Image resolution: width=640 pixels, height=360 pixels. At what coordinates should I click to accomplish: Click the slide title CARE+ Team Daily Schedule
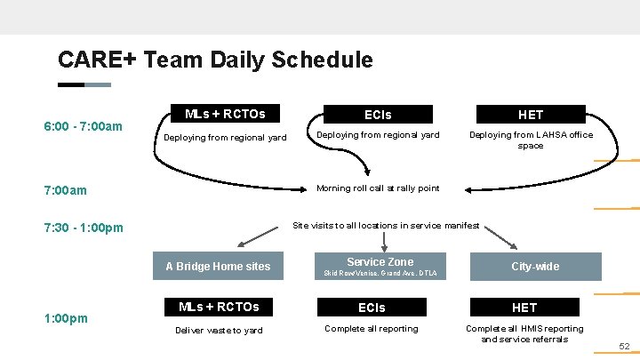(215, 60)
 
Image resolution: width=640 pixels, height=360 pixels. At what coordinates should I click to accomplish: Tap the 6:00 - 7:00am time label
(84, 126)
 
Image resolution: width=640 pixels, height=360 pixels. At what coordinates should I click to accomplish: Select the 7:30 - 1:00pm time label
(84, 228)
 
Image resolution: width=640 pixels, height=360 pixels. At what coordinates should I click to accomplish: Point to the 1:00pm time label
(66, 317)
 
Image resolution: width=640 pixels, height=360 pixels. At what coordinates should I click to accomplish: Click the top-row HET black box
(531, 115)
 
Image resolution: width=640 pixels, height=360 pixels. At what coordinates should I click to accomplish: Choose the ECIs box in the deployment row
(378, 115)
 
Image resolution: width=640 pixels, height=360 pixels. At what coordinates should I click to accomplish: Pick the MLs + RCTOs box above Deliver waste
(219, 307)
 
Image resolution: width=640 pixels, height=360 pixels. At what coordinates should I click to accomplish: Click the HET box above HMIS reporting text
(524, 308)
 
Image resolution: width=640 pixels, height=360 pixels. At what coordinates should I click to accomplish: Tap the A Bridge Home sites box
(218, 267)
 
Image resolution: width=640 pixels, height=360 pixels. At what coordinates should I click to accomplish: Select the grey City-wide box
(535, 267)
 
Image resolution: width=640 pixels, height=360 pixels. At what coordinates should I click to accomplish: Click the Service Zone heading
(380, 262)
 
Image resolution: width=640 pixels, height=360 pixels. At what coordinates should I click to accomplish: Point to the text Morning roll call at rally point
(378, 188)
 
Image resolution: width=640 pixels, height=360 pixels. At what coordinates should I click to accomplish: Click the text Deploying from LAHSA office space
(531, 140)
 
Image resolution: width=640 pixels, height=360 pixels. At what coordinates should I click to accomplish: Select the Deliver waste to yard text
(219, 330)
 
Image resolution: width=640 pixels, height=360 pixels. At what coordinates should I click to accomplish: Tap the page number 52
(624, 347)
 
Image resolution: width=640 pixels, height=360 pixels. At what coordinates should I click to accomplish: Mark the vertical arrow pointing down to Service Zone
(383, 241)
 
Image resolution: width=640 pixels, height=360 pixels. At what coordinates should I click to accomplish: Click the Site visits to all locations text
(386, 226)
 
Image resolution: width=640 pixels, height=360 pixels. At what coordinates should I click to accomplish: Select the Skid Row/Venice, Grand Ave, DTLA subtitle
(380, 273)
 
